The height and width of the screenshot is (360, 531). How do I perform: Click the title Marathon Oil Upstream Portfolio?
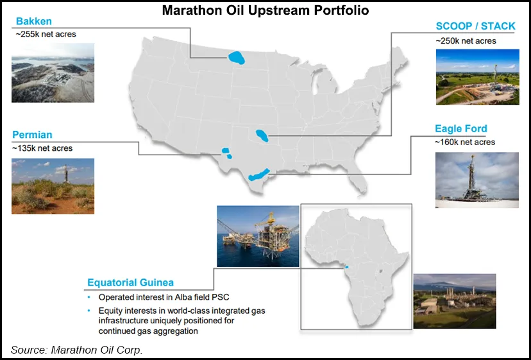point(265,11)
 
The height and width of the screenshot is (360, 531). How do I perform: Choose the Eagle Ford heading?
point(460,128)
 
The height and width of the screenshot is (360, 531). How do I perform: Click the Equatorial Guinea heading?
point(130,282)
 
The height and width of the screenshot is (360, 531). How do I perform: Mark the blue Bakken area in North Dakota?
point(239,58)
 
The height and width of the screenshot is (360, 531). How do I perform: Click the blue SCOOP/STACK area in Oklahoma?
point(262,135)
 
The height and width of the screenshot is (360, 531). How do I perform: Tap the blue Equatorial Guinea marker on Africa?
point(347,268)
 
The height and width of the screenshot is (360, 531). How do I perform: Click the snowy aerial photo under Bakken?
point(53,73)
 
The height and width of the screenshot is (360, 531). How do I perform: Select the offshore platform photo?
point(258,236)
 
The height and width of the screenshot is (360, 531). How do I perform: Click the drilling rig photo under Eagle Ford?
point(476,180)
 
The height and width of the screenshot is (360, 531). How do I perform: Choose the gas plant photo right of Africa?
point(454,301)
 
